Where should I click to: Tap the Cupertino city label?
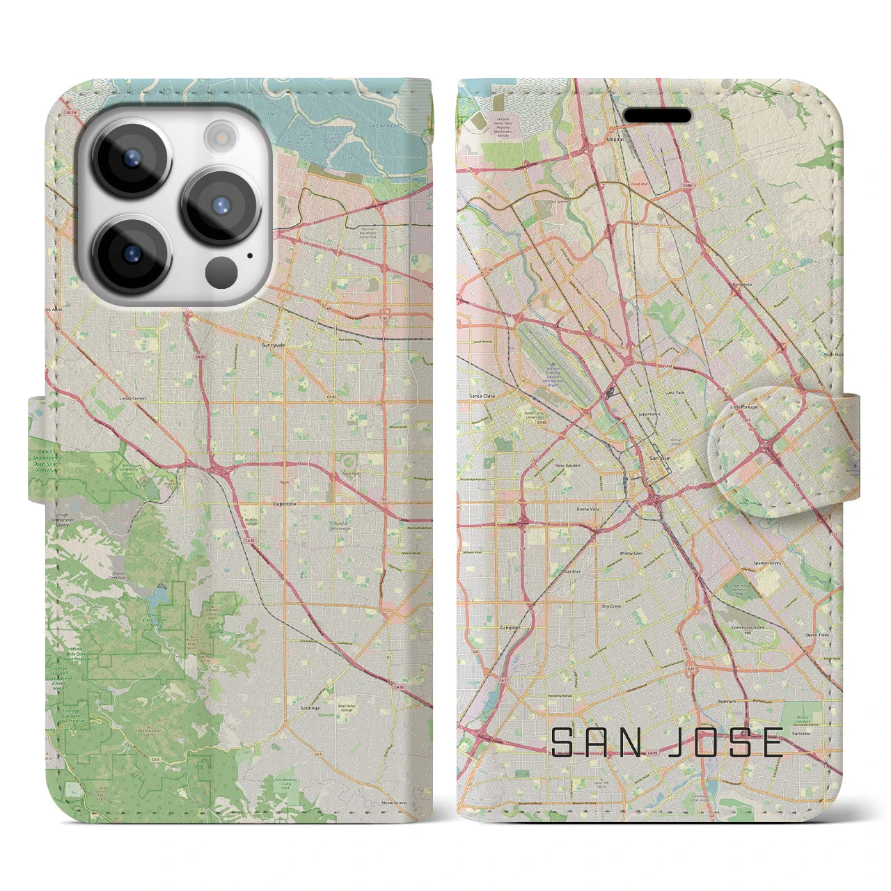[x=285, y=503]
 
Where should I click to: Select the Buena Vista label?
[x=588, y=509]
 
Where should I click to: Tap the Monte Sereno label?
[x=394, y=803]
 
